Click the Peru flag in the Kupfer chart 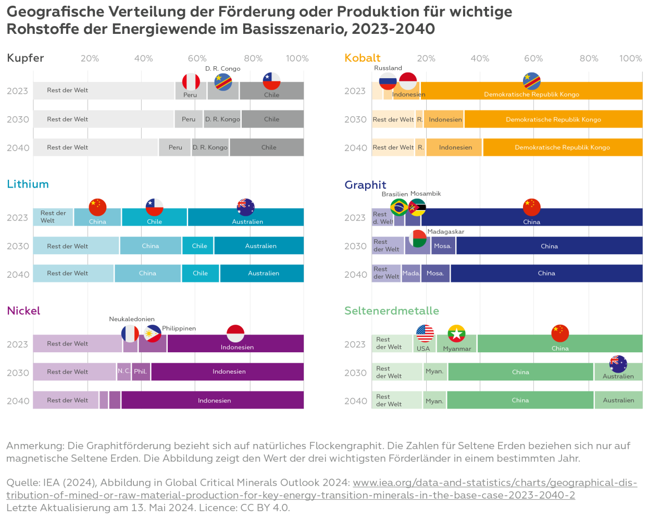click(191, 82)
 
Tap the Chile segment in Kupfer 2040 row click(267, 147)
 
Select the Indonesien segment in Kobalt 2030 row click(444, 119)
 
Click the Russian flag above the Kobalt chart click(388, 81)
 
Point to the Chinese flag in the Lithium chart click(97, 207)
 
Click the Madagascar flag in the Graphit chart click(418, 238)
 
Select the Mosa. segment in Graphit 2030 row click(443, 246)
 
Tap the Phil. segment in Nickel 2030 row click(141, 372)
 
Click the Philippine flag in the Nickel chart click(152, 334)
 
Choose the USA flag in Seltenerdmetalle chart click(425, 334)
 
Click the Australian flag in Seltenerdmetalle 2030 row click(618, 364)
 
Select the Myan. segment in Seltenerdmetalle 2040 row click(434, 401)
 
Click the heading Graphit click(365, 185)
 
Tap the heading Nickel click(23, 311)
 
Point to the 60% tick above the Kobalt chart click(533, 58)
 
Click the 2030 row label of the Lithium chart click(17, 246)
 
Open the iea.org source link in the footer click(495, 483)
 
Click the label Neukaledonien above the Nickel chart click(132, 319)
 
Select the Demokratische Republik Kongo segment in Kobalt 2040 click(562, 147)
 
